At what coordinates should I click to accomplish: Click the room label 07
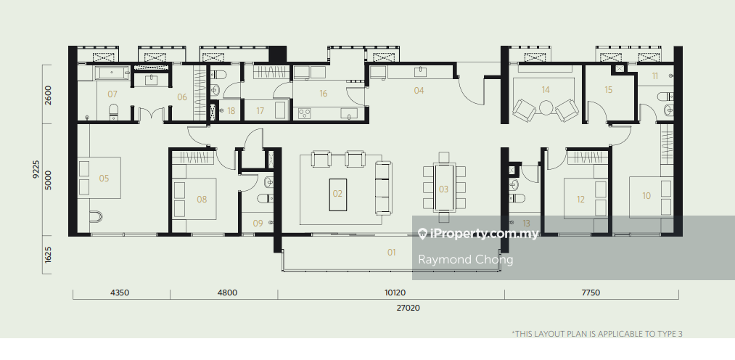112,94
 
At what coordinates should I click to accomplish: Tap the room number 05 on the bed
104,178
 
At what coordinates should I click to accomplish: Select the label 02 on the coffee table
337,194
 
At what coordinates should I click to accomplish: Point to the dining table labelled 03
443,187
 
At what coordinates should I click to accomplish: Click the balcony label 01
391,252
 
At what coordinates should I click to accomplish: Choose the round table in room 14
546,108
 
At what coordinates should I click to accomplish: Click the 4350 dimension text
120,292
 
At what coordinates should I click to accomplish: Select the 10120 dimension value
395,292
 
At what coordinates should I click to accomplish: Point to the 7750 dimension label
591,292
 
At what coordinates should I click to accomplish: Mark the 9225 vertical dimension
36,170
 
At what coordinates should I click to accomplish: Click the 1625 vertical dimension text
48,255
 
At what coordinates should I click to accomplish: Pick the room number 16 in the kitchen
323,94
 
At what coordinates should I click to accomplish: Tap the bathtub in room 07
112,73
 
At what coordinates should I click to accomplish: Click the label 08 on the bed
202,200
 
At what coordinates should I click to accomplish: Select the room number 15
609,89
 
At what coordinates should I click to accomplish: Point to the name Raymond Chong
466,259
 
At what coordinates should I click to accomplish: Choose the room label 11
655,75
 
